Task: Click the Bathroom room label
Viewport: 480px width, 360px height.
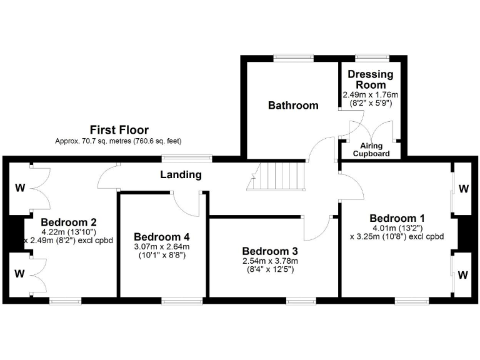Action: [x=293, y=105]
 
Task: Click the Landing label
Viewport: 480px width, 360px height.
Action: [x=180, y=175]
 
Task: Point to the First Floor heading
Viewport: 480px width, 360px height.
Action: [x=119, y=130]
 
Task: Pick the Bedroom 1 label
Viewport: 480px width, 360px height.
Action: [x=397, y=218]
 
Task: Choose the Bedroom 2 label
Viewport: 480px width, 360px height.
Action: [x=68, y=222]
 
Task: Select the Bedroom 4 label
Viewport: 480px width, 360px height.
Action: [x=161, y=237]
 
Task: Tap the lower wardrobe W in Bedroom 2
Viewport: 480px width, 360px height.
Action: [x=21, y=272]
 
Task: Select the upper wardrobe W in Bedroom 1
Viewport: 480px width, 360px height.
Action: [x=464, y=188]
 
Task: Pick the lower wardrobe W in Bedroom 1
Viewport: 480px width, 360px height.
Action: [x=464, y=274]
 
